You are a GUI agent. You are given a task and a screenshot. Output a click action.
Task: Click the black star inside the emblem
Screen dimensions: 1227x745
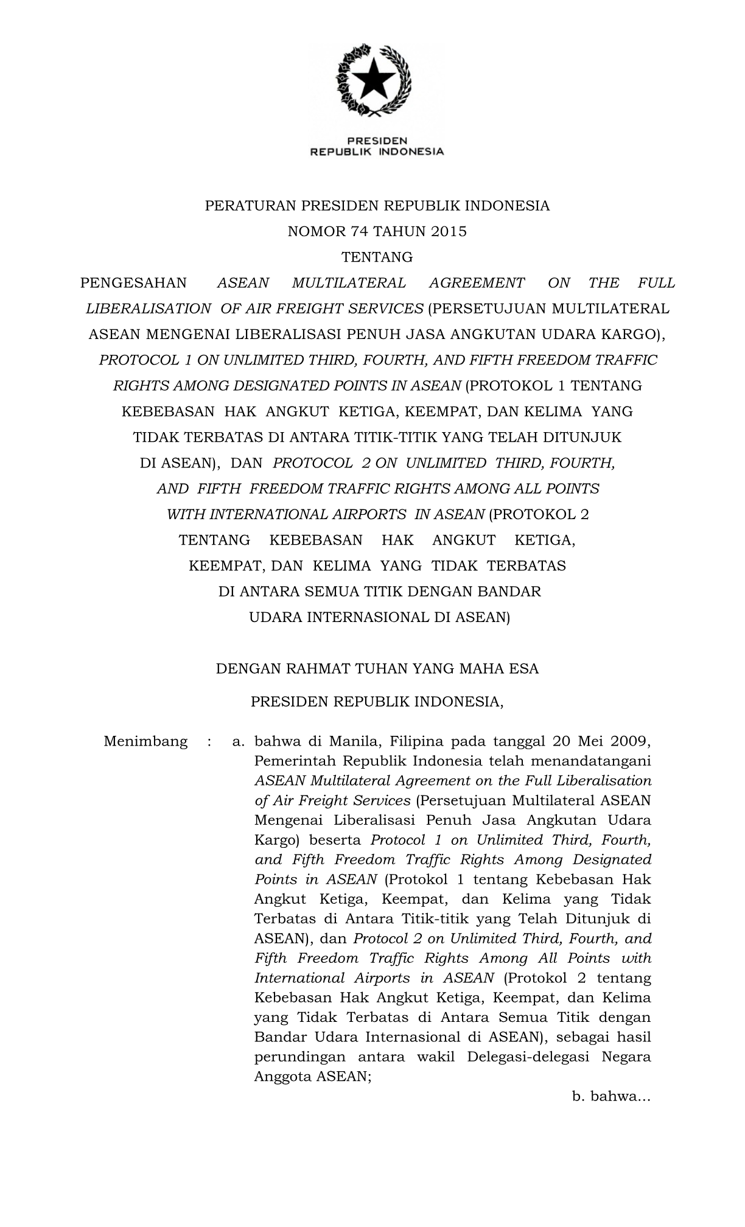click(373, 79)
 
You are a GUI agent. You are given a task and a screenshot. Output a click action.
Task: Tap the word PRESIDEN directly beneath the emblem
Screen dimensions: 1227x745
click(377, 141)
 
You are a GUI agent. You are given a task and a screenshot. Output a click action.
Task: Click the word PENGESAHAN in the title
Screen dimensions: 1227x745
click(134, 283)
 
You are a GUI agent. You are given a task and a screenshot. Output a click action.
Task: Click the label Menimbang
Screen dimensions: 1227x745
click(145, 741)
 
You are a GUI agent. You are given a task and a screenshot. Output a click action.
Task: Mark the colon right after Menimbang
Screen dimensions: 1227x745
click(209, 741)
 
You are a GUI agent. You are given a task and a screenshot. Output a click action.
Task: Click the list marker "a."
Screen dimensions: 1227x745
click(238, 742)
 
